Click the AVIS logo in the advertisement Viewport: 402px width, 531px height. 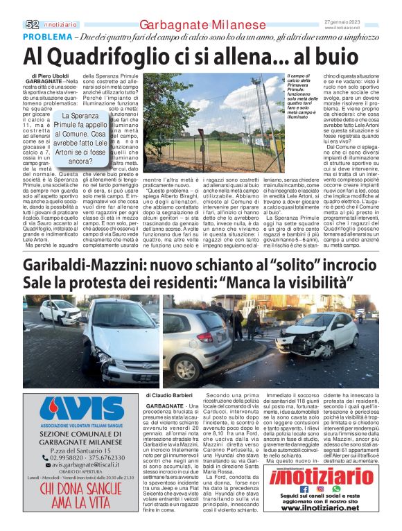tap(81, 412)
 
